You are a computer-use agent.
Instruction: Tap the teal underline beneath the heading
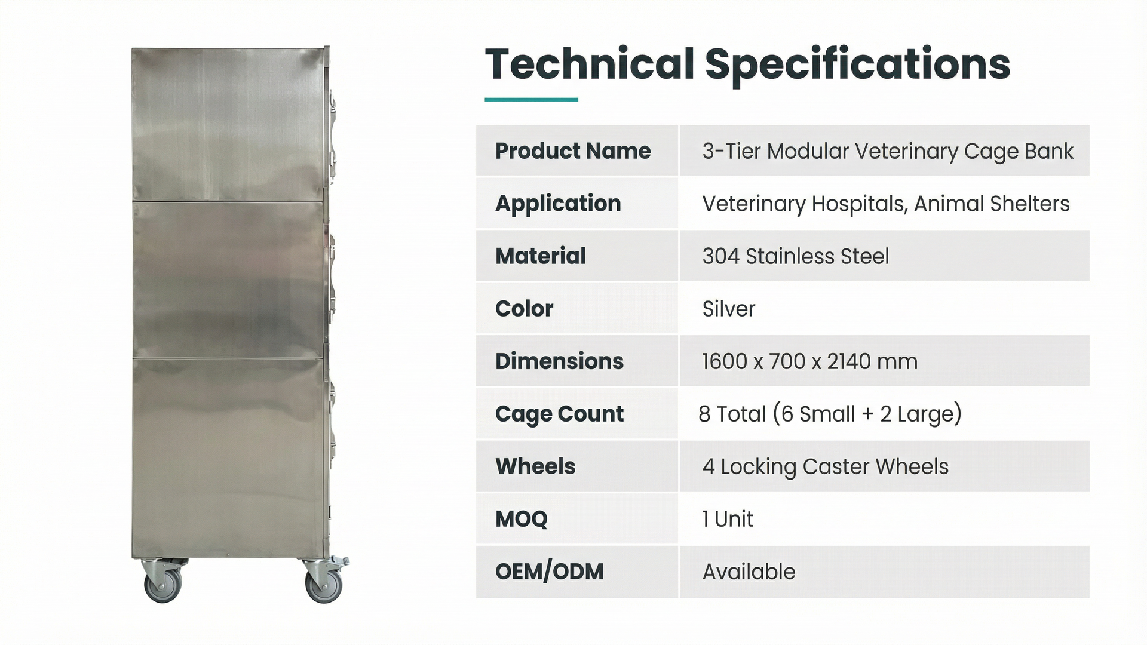tap(531, 100)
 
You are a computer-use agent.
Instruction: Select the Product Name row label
tap(573, 151)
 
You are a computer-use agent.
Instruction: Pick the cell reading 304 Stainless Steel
tap(795, 256)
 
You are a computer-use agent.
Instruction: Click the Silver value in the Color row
tap(728, 309)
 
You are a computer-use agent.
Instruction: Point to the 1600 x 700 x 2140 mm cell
tap(809, 361)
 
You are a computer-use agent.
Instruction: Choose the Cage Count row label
tap(559, 414)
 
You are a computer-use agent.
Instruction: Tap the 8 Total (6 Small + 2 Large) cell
tap(830, 414)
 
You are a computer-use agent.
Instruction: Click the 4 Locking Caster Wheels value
tap(825, 466)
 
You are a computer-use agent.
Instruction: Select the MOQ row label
tap(521, 519)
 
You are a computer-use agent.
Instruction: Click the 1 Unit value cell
tap(727, 519)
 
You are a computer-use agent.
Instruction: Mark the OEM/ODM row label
tap(549, 572)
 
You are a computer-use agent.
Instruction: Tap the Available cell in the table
tap(749, 572)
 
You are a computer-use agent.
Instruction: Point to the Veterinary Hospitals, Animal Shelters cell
tap(885, 204)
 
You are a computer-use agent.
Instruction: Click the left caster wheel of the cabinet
tap(163, 582)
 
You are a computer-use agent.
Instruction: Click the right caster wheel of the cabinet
tap(324, 582)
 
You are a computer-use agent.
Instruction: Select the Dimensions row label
tap(559, 361)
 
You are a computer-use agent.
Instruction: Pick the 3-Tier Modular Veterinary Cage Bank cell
tap(888, 151)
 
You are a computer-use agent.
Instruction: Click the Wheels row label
tap(535, 466)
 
